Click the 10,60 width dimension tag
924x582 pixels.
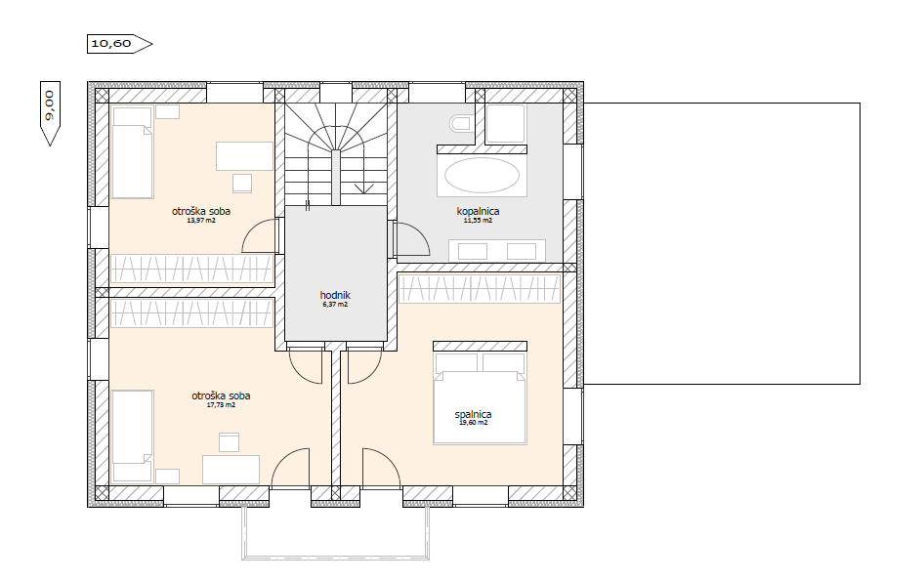tap(119, 44)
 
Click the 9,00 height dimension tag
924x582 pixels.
tap(50, 113)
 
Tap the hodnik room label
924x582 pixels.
tap(335, 295)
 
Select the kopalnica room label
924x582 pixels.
tap(478, 211)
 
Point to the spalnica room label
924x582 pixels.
tap(473, 414)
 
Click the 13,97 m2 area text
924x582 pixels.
tap(201, 221)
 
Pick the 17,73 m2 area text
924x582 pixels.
tap(221, 405)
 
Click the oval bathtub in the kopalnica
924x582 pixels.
tap(482, 175)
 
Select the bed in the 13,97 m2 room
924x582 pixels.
tap(133, 152)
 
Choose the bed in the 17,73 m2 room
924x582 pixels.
tap(133, 436)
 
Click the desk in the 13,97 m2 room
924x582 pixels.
tap(244, 156)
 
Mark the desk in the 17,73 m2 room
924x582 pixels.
tap(231, 470)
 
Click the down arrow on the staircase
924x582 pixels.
tap(364, 189)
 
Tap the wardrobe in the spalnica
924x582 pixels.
tap(479, 289)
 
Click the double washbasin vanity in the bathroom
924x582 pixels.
tap(497, 251)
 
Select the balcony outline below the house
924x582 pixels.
tap(335, 556)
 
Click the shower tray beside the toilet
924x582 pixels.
tap(505, 124)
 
